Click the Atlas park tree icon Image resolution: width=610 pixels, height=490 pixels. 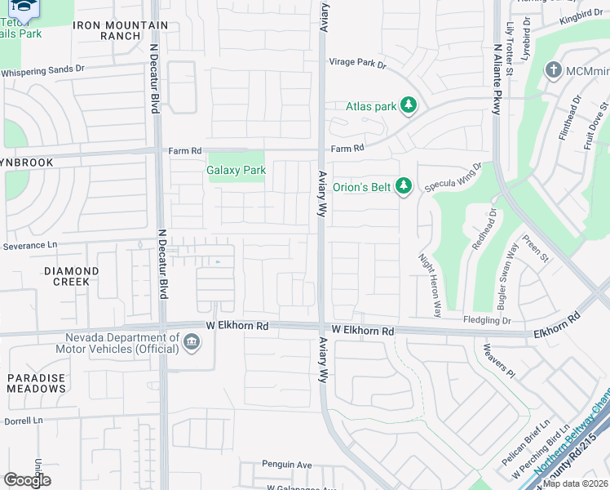tap(409, 105)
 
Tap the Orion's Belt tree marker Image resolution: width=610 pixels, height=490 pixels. tap(403, 186)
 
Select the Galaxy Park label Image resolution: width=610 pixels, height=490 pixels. tap(236, 171)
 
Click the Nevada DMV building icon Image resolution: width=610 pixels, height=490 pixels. tap(191, 342)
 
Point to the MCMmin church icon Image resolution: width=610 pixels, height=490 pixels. tap(554, 70)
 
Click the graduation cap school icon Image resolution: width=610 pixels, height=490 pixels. tap(25, 8)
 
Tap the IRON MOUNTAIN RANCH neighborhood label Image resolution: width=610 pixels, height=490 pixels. tap(120, 30)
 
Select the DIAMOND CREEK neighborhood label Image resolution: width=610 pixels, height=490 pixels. tap(71, 276)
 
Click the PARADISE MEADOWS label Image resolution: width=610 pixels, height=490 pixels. tap(37, 383)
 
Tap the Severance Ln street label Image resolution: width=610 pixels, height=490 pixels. tap(30, 245)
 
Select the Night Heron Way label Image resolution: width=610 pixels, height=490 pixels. tap(430, 283)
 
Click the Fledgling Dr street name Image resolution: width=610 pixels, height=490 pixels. tap(486, 320)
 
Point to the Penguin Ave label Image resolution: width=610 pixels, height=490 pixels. tap(286, 465)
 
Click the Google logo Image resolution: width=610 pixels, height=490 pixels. tap(27, 479)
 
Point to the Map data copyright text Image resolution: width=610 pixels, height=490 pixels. tap(576, 483)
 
